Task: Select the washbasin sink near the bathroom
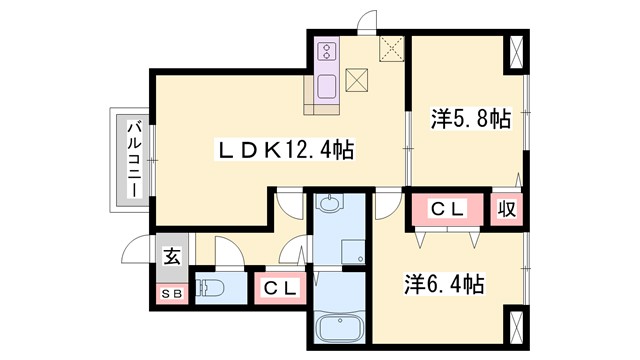[331, 206]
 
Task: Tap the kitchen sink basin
[327, 88]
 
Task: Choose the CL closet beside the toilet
[281, 288]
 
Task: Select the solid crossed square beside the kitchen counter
[357, 81]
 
